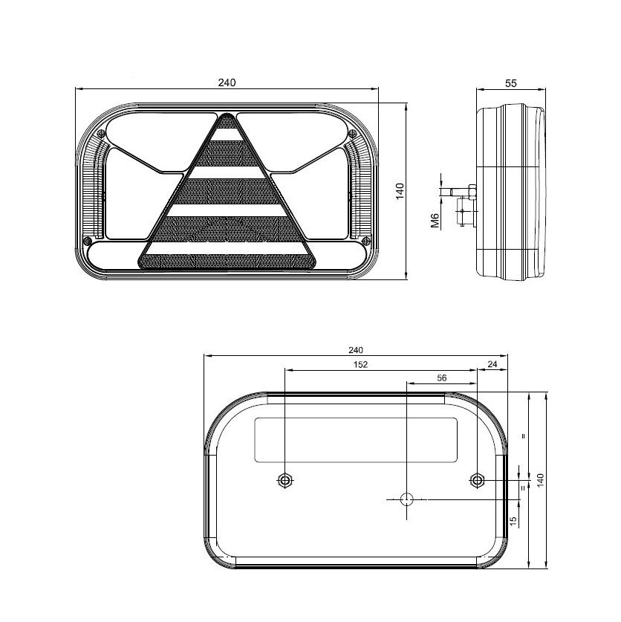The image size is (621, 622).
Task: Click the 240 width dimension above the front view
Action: pyautogui.click(x=227, y=82)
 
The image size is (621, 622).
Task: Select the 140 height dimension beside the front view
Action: pyautogui.click(x=399, y=192)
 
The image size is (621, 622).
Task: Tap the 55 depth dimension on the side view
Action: pyautogui.click(x=511, y=83)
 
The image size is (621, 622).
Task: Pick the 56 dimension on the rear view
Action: pyautogui.click(x=441, y=378)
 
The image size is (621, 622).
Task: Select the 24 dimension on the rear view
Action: pyautogui.click(x=492, y=364)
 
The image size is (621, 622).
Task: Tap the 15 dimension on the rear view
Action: pyautogui.click(x=513, y=522)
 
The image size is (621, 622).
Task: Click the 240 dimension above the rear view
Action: pyautogui.click(x=355, y=350)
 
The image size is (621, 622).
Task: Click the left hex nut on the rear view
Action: pyautogui.click(x=285, y=480)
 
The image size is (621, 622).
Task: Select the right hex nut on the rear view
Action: pyautogui.click(x=476, y=480)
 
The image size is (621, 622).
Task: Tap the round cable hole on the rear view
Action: pyautogui.click(x=406, y=499)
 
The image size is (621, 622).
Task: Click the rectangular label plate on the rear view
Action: pyautogui.click(x=356, y=439)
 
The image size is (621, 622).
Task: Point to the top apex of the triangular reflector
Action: pyautogui.click(x=227, y=116)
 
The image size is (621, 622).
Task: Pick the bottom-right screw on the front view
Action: pyautogui.click(x=364, y=241)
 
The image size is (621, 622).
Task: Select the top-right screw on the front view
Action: pyautogui.click(x=352, y=132)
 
